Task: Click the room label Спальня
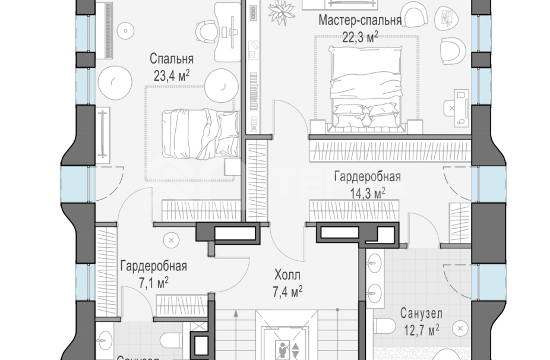[172, 59]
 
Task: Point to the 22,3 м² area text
[360, 37]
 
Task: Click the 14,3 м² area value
[366, 192]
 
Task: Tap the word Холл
[287, 275]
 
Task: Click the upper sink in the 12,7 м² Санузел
[375, 260]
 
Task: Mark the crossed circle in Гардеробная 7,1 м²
[172, 241]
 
